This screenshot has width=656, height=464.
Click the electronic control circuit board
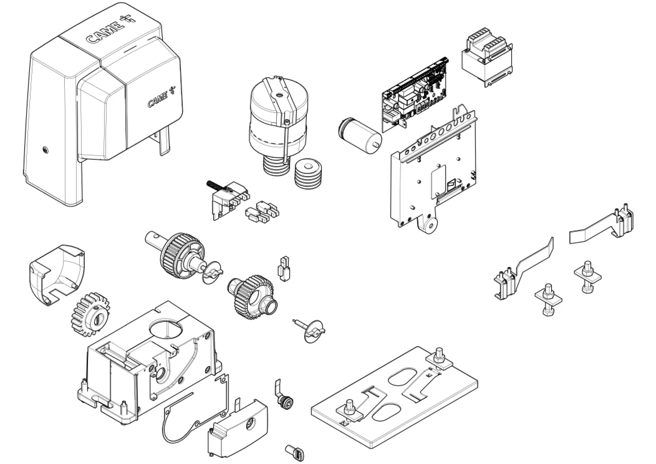pyautogui.click(x=415, y=93)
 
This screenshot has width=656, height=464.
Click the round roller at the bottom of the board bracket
pyautogui.click(x=430, y=225)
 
